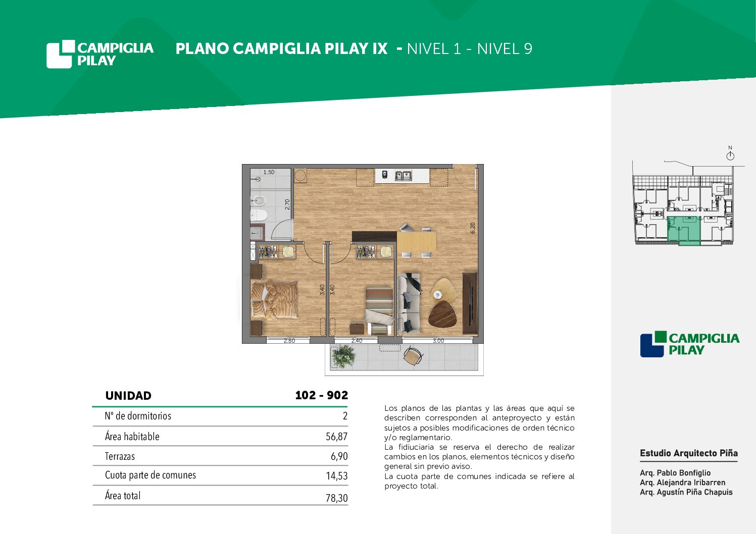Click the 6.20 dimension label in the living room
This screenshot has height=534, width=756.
pyautogui.click(x=473, y=228)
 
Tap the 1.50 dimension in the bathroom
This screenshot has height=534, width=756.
pyautogui.click(x=269, y=172)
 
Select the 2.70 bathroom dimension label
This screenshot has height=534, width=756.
pyautogui.click(x=287, y=204)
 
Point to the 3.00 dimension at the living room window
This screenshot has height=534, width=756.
pyautogui.click(x=438, y=341)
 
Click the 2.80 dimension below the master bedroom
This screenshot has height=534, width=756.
pyautogui.click(x=289, y=341)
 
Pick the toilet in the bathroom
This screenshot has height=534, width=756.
pyautogui.click(x=259, y=215)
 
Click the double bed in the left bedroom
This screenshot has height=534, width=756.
pyautogui.click(x=274, y=299)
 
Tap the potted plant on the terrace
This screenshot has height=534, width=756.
pyautogui.click(x=343, y=356)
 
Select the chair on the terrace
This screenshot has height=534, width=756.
pyautogui.click(x=413, y=356)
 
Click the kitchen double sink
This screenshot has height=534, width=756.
pyautogui.click(x=404, y=175)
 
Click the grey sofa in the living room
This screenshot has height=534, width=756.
pyautogui.click(x=409, y=304)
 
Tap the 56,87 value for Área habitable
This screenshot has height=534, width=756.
pyautogui.click(x=336, y=437)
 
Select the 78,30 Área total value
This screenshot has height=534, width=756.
pyautogui.click(x=336, y=498)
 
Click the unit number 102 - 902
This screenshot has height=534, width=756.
pyautogui.click(x=321, y=395)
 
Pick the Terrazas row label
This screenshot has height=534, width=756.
pyautogui.click(x=120, y=456)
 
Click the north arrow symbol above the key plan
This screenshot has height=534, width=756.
pyautogui.click(x=730, y=156)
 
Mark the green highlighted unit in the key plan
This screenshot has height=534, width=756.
pyautogui.click(x=684, y=231)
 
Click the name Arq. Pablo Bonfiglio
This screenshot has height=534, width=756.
pyautogui.click(x=675, y=472)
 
